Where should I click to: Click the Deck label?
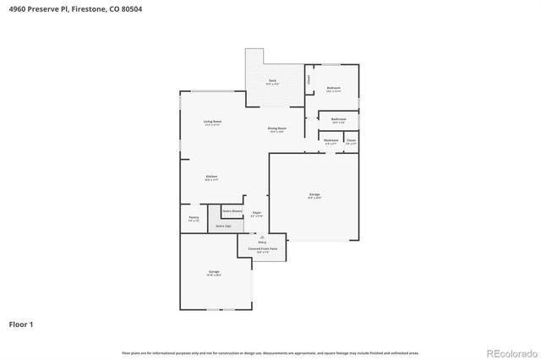(x=271, y=81)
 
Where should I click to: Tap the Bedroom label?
(x=334, y=89)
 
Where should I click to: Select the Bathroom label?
(x=338, y=120)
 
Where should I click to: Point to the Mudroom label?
(x=331, y=141)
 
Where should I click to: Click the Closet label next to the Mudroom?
(x=351, y=141)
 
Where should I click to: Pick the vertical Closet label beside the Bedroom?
(x=309, y=79)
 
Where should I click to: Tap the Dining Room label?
(x=277, y=129)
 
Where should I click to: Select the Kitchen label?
(x=211, y=177)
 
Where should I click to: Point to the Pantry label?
(x=194, y=218)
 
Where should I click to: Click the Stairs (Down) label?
(x=232, y=210)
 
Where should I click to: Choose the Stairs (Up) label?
(x=224, y=226)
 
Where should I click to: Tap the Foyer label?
(x=256, y=214)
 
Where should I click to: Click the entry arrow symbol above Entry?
(x=262, y=237)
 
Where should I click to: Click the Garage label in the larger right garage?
(x=314, y=195)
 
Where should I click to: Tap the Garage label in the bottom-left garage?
(x=215, y=272)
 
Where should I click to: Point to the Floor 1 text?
(x=21, y=324)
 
